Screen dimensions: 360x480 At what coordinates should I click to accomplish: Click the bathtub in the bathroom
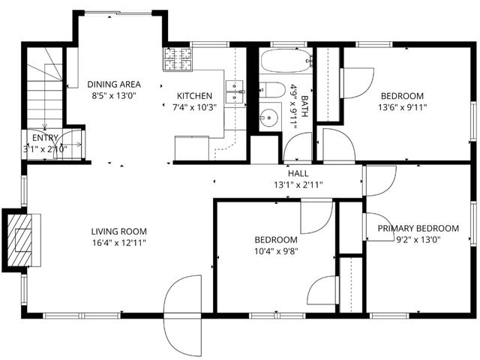coord(286,60)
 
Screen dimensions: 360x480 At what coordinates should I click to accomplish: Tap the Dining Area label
coord(114,84)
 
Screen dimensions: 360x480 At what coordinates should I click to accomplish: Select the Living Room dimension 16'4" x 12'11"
coord(119,242)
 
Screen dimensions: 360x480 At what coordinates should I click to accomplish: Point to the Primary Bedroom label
coord(418,229)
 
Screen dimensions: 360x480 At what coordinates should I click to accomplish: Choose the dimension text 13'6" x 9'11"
coord(401,106)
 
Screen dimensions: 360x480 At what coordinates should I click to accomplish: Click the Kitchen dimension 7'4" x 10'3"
coord(194,107)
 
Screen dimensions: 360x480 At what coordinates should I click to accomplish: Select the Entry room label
coord(44,138)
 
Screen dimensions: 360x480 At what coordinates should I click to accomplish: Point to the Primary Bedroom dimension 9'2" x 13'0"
coord(418,240)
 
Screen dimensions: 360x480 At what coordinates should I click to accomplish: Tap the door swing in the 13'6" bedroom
coord(356,81)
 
